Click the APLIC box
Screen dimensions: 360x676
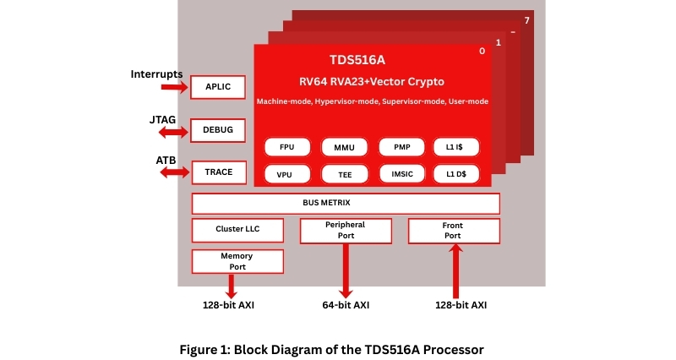point(217,87)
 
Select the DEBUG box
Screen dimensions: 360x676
point(217,130)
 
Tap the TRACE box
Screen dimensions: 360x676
point(218,172)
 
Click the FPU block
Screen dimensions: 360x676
point(287,147)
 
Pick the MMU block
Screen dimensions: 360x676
point(344,147)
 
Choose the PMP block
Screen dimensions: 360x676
point(401,147)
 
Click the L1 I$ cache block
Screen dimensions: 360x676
point(456,147)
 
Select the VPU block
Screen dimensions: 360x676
point(287,174)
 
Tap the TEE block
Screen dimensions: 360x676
point(344,174)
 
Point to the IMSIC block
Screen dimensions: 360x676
point(401,174)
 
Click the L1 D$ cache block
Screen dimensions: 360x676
point(456,174)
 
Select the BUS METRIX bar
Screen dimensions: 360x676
point(346,204)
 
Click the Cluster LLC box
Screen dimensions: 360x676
point(237,230)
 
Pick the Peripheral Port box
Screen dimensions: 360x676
point(346,231)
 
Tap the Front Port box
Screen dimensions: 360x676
point(454,231)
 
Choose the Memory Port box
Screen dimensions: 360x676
point(237,261)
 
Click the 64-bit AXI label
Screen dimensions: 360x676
point(346,305)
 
